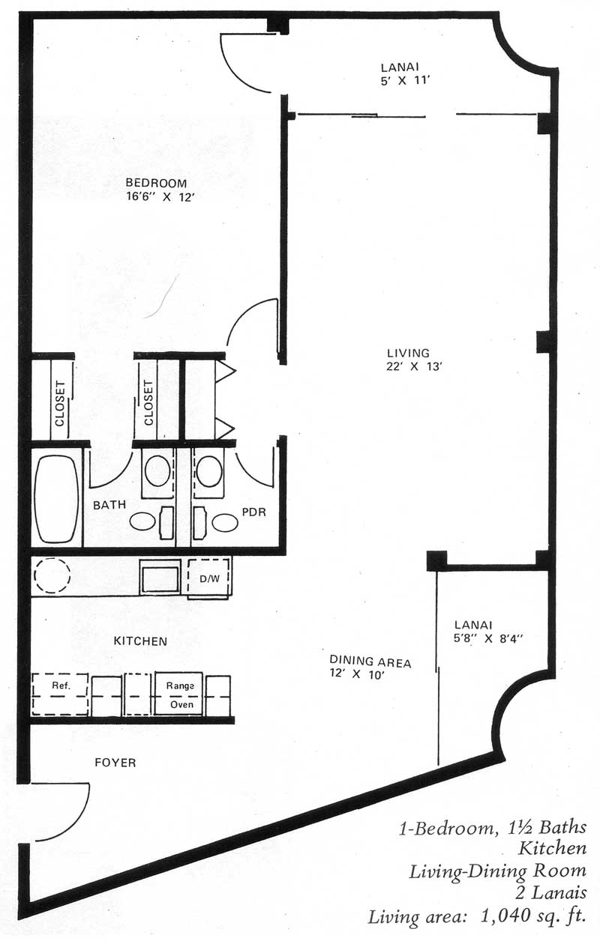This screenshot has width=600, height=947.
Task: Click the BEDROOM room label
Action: (156, 183)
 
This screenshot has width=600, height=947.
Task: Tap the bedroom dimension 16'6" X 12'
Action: (160, 196)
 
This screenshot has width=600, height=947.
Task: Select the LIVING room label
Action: (408, 353)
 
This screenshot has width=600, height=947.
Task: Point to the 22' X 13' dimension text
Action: (413, 366)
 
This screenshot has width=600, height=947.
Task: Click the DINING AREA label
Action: (370, 662)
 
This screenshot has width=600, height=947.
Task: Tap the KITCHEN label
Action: (140, 641)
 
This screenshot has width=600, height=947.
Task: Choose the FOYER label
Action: (115, 763)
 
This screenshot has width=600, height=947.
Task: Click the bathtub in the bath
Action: (56, 498)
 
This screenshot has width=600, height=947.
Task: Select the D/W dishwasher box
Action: (209, 578)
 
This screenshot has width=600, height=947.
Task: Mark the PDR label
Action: (254, 512)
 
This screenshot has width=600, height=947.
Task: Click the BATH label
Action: (109, 505)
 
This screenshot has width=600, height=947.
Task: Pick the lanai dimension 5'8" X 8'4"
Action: (488, 638)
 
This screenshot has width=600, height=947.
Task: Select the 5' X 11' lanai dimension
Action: (405, 80)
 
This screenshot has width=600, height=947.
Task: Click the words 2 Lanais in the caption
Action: (550, 892)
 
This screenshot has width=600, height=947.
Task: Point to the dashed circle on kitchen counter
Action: (52, 575)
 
